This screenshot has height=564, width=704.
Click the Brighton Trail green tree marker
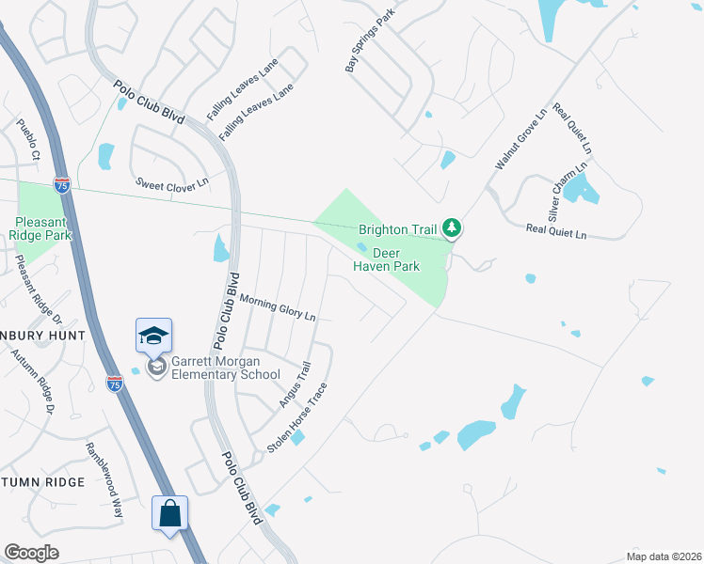(453, 228)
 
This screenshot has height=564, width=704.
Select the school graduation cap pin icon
(154, 335)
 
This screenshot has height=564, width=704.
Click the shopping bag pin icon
(169, 513)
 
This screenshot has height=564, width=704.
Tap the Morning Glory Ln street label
(278, 307)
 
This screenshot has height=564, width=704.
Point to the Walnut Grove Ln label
(520, 138)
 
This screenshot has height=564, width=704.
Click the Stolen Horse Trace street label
(297, 417)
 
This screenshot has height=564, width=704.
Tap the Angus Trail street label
(295, 386)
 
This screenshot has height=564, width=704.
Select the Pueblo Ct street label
(28, 139)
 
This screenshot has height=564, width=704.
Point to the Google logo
(31, 553)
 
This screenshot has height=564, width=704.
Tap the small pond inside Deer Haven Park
(362, 248)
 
